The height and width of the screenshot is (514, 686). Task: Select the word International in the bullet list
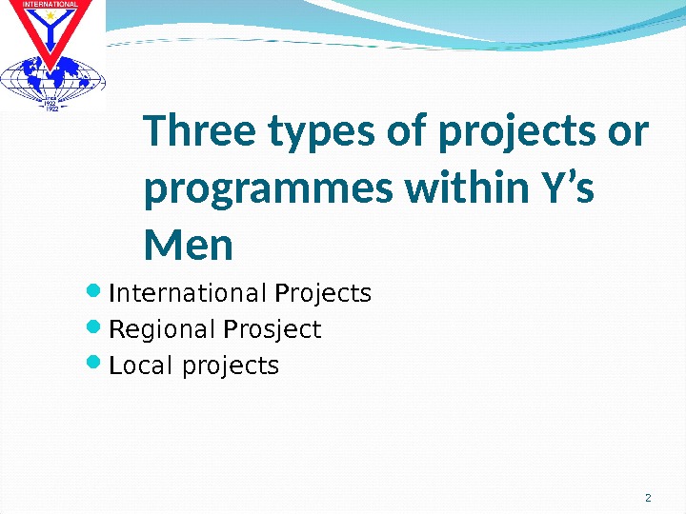(189, 292)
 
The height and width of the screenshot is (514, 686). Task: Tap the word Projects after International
(322, 293)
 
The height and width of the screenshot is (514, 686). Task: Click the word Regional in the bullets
(163, 329)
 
